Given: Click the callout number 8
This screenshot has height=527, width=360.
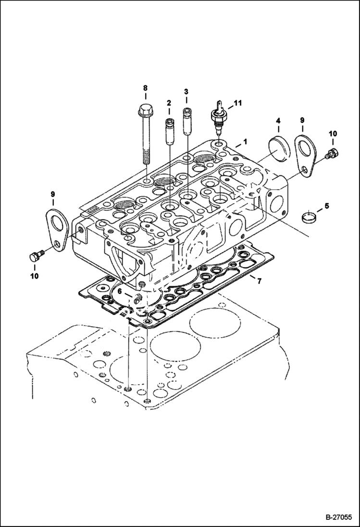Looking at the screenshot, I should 145,88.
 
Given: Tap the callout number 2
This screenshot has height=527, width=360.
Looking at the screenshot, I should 169,103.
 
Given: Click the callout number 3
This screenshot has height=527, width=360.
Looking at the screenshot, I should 186,91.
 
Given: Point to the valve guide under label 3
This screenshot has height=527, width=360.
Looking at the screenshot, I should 186,123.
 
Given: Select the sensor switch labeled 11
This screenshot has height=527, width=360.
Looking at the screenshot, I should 219,119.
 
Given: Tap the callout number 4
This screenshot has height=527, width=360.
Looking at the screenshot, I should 278,121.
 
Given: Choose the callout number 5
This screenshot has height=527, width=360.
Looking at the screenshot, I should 326,206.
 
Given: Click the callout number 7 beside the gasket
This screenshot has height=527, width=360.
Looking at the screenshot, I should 259,281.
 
